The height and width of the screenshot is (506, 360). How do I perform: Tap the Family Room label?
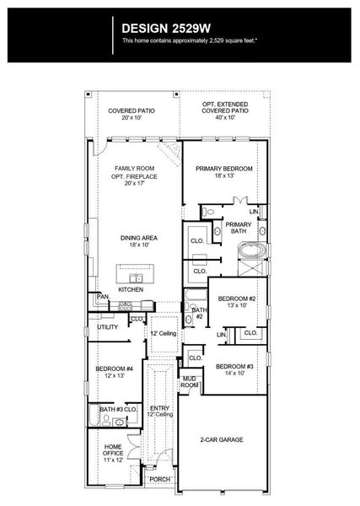pyautogui.click(x=135, y=169)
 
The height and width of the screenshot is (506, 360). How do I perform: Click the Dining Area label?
pyautogui.click(x=135, y=238)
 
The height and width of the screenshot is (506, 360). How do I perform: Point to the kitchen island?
pyautogui.click(x=135, y=275)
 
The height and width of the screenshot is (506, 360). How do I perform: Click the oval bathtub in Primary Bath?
pyautogui.click(x=251, y=250)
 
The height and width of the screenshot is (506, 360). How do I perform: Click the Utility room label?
pyautogui.click(x=107, y=326)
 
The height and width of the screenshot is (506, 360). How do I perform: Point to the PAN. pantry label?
pyautogui.click(x=102, y=297)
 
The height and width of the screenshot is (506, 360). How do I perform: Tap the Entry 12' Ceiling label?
pyautogui.click(x=160, y=411)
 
